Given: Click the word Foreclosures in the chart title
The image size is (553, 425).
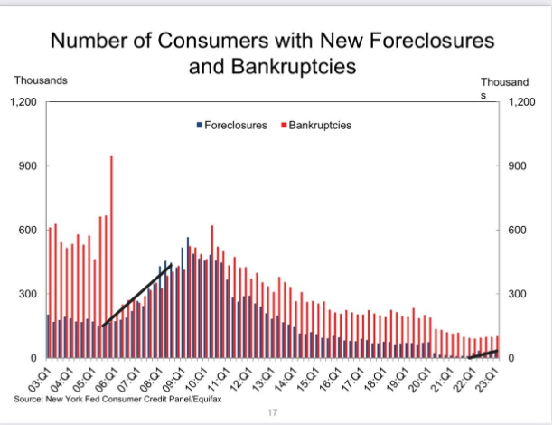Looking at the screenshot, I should (x=416, y=42).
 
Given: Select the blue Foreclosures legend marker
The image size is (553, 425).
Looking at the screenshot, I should (x=199, y=125).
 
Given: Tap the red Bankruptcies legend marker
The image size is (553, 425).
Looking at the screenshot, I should (x=284, y=125).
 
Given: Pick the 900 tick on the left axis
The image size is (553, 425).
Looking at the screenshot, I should (x=28, y=166).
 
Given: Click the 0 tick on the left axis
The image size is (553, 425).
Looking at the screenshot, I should (x=33, y=359).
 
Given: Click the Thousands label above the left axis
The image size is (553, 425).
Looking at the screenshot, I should (x=40, y=80).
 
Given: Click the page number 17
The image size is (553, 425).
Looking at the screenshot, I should (x=271, y=413).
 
